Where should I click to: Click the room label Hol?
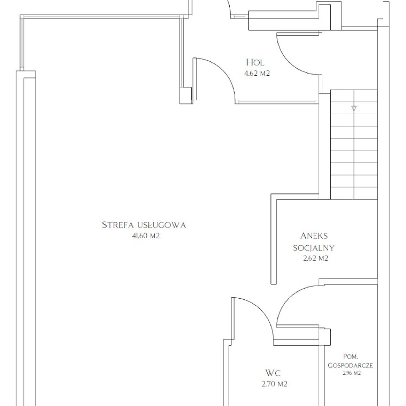[x=255, y=63]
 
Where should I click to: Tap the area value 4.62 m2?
[x=257, y=73]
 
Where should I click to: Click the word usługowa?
[x=162, y=225]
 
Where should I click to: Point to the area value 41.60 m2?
[x=146, y=236]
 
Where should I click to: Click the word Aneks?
[x=314, y=236]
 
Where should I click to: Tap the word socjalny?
[x=314, y=248]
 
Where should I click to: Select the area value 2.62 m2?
[x=315, y=258]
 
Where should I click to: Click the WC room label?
[x=273, y=373]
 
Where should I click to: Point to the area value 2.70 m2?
[x=274, y=384]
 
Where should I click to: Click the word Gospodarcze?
[x=350, y=365]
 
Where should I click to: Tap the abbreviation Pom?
[x=351, y=357]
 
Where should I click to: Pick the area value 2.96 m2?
[x=351, y=373]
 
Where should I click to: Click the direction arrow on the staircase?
[x=354, y=109]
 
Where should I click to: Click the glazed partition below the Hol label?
[x=277, y=102]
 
